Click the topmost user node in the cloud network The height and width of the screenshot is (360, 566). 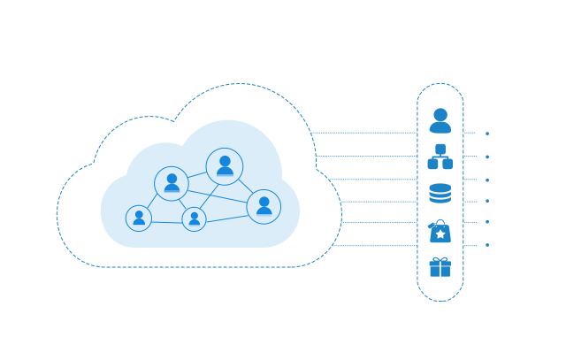tap(225, 166)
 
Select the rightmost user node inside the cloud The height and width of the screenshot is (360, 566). tap(264, 206)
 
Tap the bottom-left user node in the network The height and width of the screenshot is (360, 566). tap(139, 218)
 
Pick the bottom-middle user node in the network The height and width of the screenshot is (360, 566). tap(195, 218)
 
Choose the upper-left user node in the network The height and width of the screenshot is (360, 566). tap(172, 183)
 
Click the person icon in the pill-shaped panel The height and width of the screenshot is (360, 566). tap(440, 121)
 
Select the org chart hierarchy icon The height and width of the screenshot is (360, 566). tap(440, 157)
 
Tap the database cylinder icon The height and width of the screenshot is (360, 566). tap(440, 193)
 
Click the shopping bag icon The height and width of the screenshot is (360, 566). tap(440, 232)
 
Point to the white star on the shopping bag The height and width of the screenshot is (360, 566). tap(440, 234)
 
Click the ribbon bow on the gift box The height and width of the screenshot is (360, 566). tap(440, 259)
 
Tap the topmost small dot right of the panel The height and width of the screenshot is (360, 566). tap(487, 134)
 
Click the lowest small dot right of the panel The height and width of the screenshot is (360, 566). tap(487, 245)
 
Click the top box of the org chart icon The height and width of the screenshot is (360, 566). tap(440, 149)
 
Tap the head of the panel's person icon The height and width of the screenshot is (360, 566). tap(440, 114)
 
